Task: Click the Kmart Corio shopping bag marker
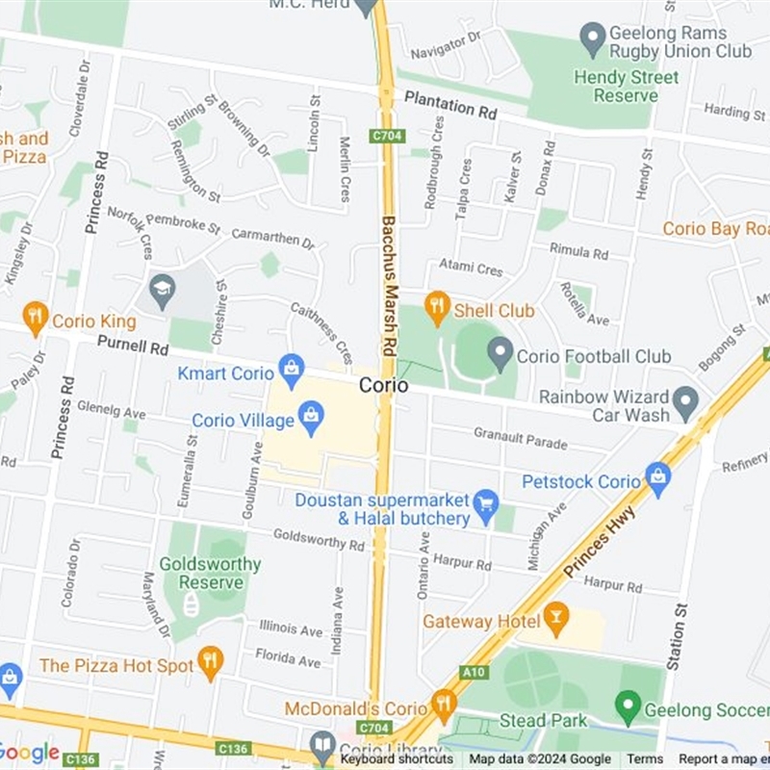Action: point(291,368)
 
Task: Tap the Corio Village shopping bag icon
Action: point(311,416)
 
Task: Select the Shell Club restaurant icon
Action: point(438,306)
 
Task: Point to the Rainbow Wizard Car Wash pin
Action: point(685,401)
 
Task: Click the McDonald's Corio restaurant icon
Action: point(444,704)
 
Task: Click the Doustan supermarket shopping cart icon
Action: point(487,503)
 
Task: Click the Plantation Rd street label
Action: point(450,105)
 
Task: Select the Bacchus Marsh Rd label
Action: point(389,285)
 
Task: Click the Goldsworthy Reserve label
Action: point(210,574)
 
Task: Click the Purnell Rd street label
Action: point(133,344)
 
